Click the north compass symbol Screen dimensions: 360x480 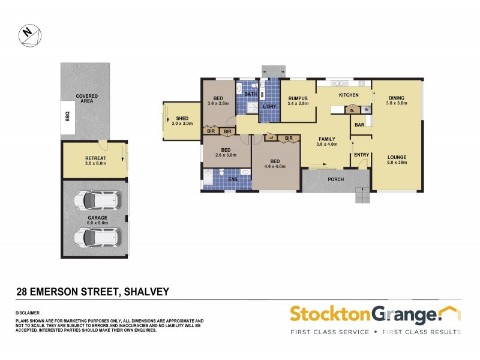click(x=29, y=35)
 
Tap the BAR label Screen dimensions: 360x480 click(x=359, y=125)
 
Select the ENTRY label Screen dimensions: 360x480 click(x=361, y=155)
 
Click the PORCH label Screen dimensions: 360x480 click(x=335, y=179)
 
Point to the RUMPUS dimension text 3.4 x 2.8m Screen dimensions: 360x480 click(x=298, y=104)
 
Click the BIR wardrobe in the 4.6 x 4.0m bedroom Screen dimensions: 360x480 click(x=289, y=139)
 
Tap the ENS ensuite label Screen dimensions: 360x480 click(x=232, y=178)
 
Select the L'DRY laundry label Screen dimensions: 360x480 click(x=269, y=107)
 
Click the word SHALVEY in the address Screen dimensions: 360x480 click(x=146, y=292)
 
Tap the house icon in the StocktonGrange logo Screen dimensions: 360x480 click(x=449, y=313)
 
